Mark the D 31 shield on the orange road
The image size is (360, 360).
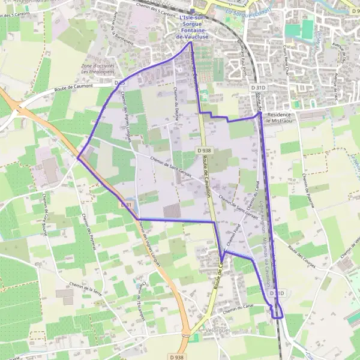[x=126, y=205]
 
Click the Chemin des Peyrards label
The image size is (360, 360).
[x=82, y=224]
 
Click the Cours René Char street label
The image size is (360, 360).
[x=295, y=76]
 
